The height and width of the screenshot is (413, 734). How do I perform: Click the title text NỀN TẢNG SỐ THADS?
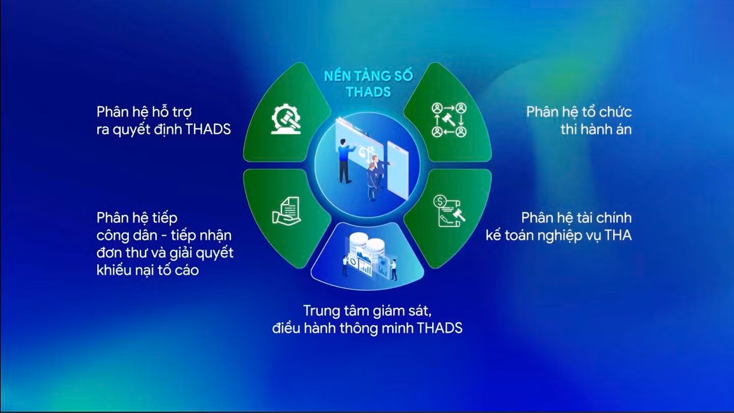[x=369, y=84]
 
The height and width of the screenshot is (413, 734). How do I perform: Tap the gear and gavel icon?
[x=286, y=119]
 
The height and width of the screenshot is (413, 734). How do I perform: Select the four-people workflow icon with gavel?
[x=449, y=120]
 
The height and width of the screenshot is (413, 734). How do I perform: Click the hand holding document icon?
[x=286, y=211]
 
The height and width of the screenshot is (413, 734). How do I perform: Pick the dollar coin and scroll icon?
[x=449, y=211]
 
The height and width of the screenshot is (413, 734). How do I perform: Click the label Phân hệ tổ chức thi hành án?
[x=579, y=121]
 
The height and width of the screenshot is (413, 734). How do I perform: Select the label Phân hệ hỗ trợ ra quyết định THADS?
[x=164, y=121]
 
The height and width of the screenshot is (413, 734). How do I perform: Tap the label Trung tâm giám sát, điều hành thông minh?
[x=368, y=319]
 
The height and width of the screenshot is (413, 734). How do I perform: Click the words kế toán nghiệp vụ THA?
[x=559, y=236]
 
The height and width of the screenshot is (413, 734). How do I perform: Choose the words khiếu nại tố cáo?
[x=148, y=270]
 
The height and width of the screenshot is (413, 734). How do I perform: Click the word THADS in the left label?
[x=208, y=130]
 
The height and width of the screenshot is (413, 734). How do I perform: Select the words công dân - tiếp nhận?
[x=164, y=236]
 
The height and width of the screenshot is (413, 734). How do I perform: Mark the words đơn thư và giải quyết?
[x=165, y=253]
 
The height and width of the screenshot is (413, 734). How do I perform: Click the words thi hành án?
[x=596, y=130]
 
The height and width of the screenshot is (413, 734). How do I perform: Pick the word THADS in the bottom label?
[x=440, y=328]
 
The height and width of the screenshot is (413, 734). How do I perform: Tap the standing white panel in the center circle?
[x=398, y=170]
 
